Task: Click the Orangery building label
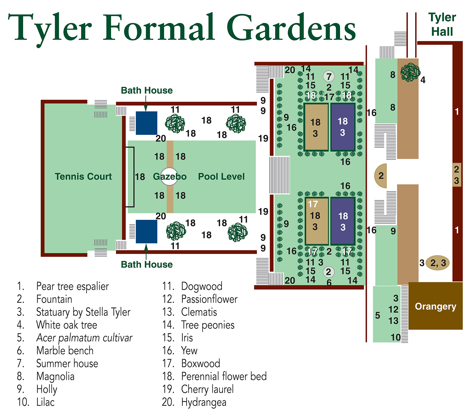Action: (x=435, y=306)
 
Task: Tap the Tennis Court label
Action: (x=83, y=177)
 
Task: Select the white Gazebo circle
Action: (x=169, y=177)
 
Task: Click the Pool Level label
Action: (x=221, y=177)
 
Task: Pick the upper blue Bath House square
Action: (x=147, y=123)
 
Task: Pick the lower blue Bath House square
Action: (x=147, y=232)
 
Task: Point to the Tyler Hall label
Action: (x=442, y=24)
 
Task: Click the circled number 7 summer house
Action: (x=329, y=76)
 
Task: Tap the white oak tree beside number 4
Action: (x=410, y=73)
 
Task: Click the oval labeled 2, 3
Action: (x=438, y=263)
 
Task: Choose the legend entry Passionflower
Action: (x=209, y=299)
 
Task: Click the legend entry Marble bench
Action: (x=65, y=351)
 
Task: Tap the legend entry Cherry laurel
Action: (x=207, y=389)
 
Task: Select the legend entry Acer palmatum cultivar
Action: (x=84, y=338)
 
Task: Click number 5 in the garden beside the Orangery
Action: (x=377, y=316)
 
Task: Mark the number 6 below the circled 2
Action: (x=329, y=283)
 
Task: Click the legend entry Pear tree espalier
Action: (x=72, y=286)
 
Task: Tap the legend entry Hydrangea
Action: (x=204, y=402)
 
